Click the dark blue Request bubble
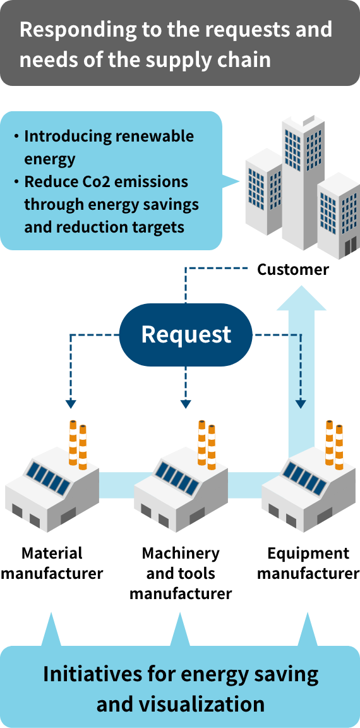186,334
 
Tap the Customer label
293,269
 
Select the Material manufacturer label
52,562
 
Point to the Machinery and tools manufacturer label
181,573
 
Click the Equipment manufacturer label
308,562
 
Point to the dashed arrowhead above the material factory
70,404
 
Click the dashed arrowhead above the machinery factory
186,404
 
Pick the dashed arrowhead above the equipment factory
301,404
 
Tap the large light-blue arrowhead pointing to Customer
301,297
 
